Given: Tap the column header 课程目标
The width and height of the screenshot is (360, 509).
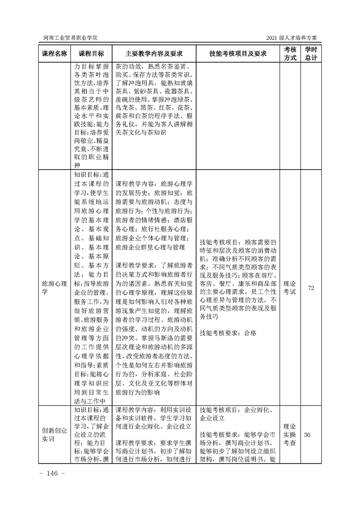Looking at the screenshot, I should (91, 54).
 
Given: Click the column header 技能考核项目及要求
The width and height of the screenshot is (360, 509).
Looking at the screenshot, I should (237, 54).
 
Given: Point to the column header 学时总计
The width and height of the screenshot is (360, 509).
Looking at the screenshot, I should (311, 54).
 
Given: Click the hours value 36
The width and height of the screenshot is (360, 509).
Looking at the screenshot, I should (307, 435).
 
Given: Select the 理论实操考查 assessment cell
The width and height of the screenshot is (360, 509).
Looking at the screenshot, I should (290, 435).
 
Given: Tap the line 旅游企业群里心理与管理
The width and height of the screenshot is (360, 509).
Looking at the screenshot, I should (150, 247).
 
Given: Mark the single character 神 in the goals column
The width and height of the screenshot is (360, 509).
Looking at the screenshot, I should (77, 166).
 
